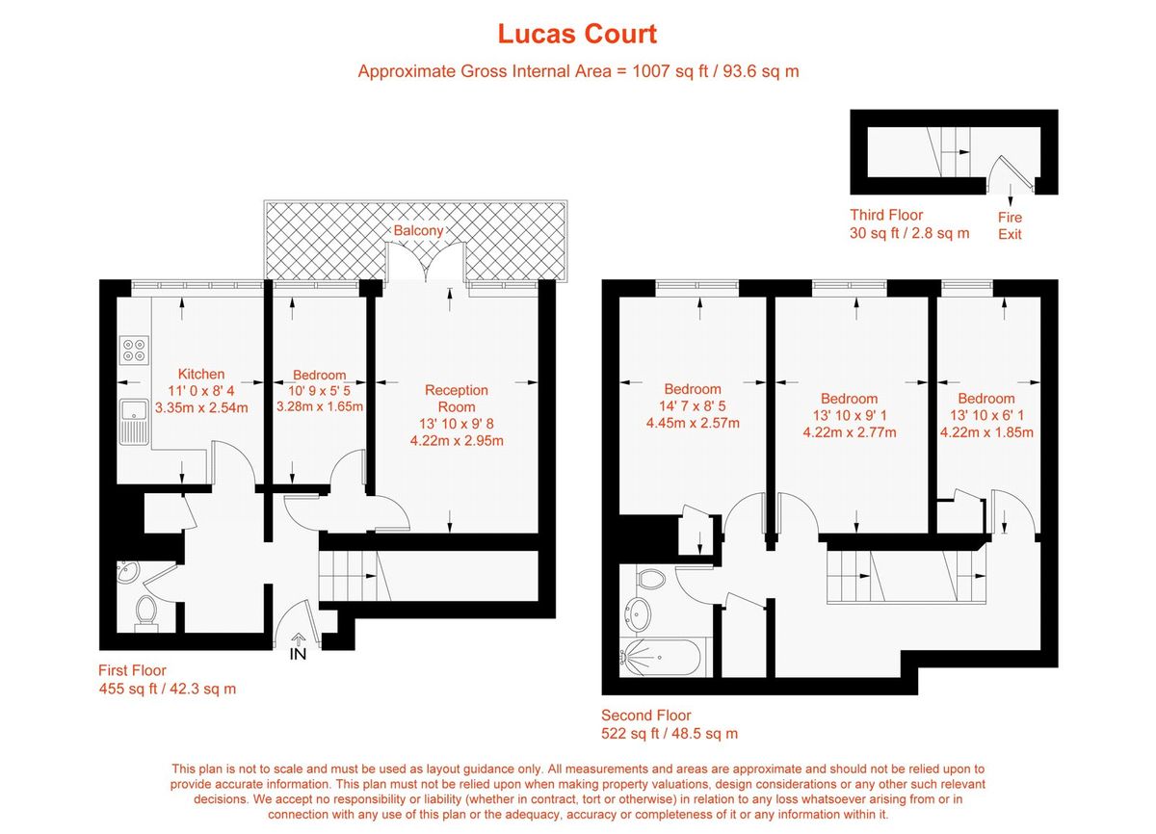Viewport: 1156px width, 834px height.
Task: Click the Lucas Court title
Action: click(577, 34)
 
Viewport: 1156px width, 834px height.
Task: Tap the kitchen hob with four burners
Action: click(134, 349)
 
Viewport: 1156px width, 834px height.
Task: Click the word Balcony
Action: click(419, 231)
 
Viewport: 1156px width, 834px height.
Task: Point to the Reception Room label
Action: click(456, 398)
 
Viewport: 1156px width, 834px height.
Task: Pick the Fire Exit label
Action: click(1010, 225)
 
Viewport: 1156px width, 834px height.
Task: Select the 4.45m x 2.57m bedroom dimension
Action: click(692, 423)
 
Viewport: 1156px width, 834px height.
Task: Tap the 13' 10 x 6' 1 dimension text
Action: click(985, 415)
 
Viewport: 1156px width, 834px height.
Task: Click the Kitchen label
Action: click(201, 374)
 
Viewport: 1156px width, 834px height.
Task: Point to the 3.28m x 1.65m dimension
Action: click(319, 405)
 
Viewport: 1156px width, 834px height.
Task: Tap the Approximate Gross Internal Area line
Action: click(578, 71)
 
